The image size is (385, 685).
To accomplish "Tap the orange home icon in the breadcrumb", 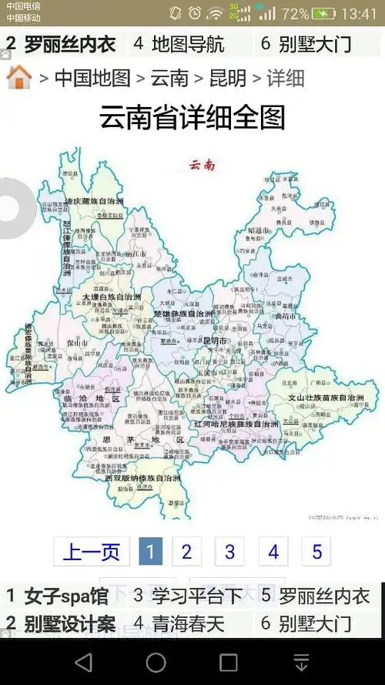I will pos(18,77).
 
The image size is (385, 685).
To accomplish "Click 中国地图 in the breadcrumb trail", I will pos(92,78).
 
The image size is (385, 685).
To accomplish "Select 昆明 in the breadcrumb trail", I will pos(228,78).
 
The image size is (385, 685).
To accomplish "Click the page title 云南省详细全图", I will pos(192,118).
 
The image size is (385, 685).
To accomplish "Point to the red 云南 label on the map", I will pos(202,164).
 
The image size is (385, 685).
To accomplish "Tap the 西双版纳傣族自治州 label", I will pos(142,478).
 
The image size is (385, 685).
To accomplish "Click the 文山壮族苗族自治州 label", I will pos(325,398).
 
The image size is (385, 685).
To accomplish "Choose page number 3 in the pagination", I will pos(229,552).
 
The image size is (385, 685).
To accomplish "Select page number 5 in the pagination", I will pos(316,552).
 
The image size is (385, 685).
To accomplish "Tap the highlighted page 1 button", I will pos(150,552).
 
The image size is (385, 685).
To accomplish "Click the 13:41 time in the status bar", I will pos(358,14).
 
